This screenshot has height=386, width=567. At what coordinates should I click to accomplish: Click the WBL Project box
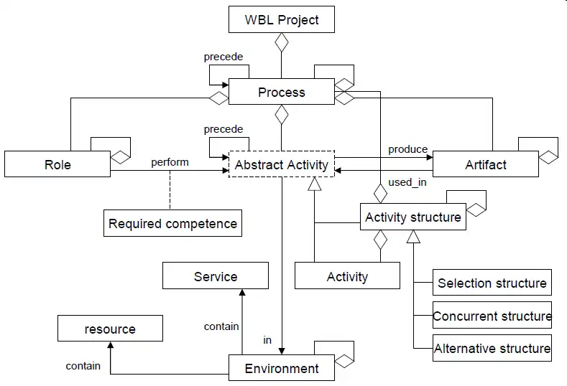282,19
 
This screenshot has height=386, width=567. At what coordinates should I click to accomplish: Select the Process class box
282,92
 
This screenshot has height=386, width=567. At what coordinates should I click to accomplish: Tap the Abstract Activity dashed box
282,164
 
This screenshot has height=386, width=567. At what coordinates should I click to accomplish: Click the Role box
57,164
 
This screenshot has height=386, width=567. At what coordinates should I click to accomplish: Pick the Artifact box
486,164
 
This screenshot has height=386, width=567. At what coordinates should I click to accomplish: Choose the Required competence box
172,223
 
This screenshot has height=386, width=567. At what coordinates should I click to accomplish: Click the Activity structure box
413,217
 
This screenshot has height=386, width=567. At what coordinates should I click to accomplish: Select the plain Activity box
347,276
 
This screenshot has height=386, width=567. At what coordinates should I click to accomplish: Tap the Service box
216,276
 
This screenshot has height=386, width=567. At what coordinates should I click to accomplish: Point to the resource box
110,329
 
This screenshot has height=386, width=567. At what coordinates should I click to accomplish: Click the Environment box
282,368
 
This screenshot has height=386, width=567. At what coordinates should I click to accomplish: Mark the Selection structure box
492,283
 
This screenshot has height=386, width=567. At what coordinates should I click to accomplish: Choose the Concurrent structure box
492,316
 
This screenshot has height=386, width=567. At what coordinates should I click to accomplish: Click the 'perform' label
170,162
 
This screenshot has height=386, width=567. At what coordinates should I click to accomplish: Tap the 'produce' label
407,149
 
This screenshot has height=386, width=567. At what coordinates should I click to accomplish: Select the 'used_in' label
407,182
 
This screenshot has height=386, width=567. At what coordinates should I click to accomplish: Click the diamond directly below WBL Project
282,43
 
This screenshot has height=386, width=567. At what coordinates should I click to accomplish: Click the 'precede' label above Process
223,57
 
